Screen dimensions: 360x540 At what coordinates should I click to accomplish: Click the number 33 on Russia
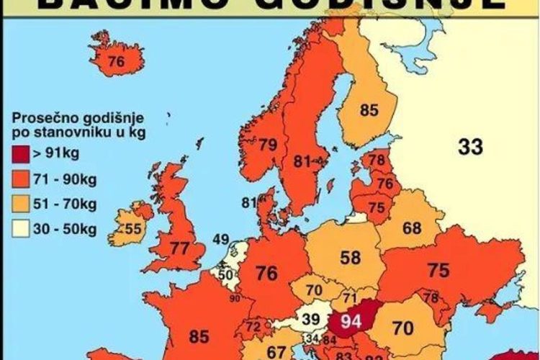pos(470,147)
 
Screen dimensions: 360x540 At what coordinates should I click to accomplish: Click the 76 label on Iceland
pos(116,63)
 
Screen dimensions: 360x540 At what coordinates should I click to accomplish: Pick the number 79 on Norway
pos(268,145)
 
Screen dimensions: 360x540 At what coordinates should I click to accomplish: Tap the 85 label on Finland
pos(369,111)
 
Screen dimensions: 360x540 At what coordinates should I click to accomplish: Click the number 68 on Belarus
pos(412,228)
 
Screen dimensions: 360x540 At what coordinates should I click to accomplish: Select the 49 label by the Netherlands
pos(221,240)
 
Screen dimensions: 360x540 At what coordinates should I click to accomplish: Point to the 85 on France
pos(199,335)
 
